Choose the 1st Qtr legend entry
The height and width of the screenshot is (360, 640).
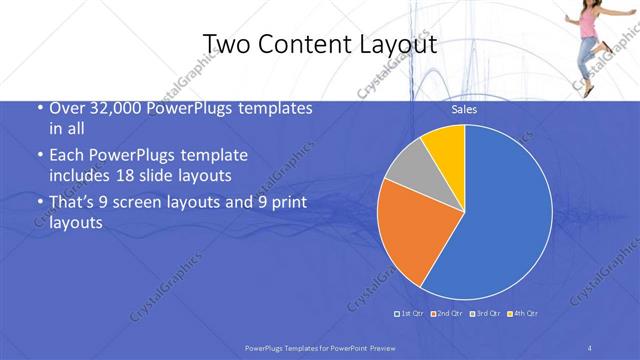(412, 314)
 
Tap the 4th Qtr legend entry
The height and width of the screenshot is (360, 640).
(523, 314)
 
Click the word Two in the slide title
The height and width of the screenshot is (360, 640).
(223, 43)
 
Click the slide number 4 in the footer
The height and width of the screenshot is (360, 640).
(590, 347)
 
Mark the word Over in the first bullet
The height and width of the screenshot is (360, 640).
(67, 108)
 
